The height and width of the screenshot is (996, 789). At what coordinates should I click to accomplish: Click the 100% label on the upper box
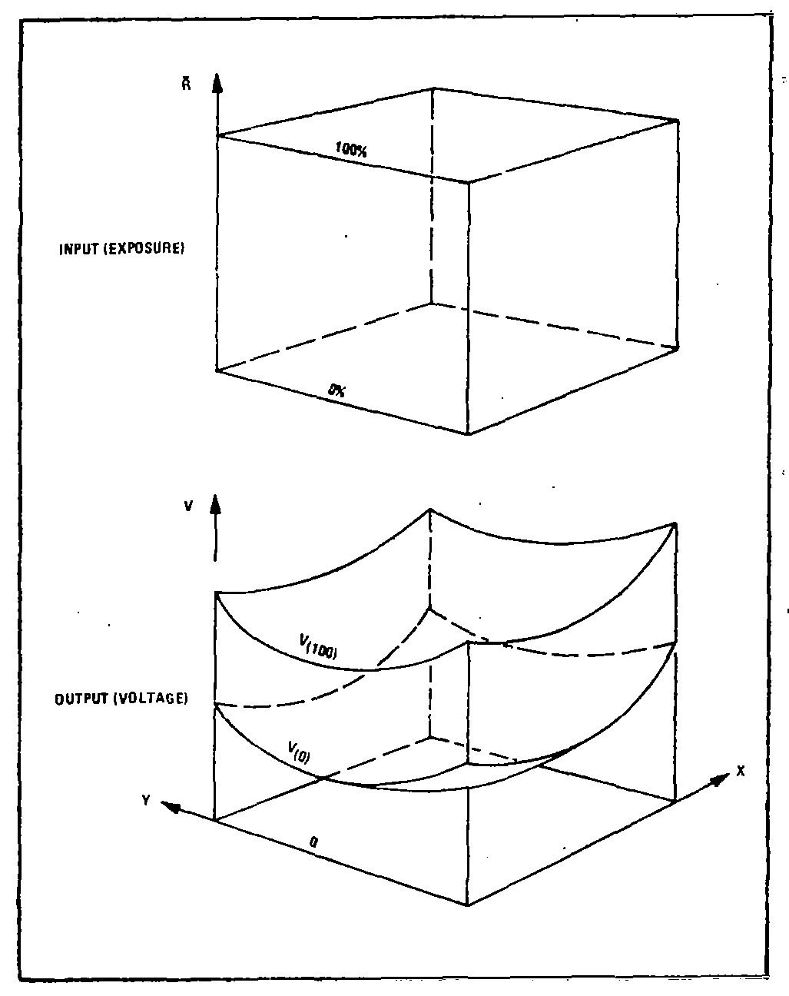pyautogui.click(x=351, y=149)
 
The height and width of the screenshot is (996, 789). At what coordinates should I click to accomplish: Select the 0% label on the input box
pyautogui.click(x=337, y=390)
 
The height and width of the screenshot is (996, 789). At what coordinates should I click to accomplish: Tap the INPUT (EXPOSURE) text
pyautogui.click(x=121, y=249)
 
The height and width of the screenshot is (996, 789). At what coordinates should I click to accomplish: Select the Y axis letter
pyautogui.click(x=145, y=800)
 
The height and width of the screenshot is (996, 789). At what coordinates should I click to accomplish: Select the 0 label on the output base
pyautogui.click(x=313, y=844)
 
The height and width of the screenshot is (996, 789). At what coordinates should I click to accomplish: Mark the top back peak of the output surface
pyautogui.click(x=430, y=509)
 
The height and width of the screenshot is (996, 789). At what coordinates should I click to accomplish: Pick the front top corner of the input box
pyautogui.click(x=469, y=182)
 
